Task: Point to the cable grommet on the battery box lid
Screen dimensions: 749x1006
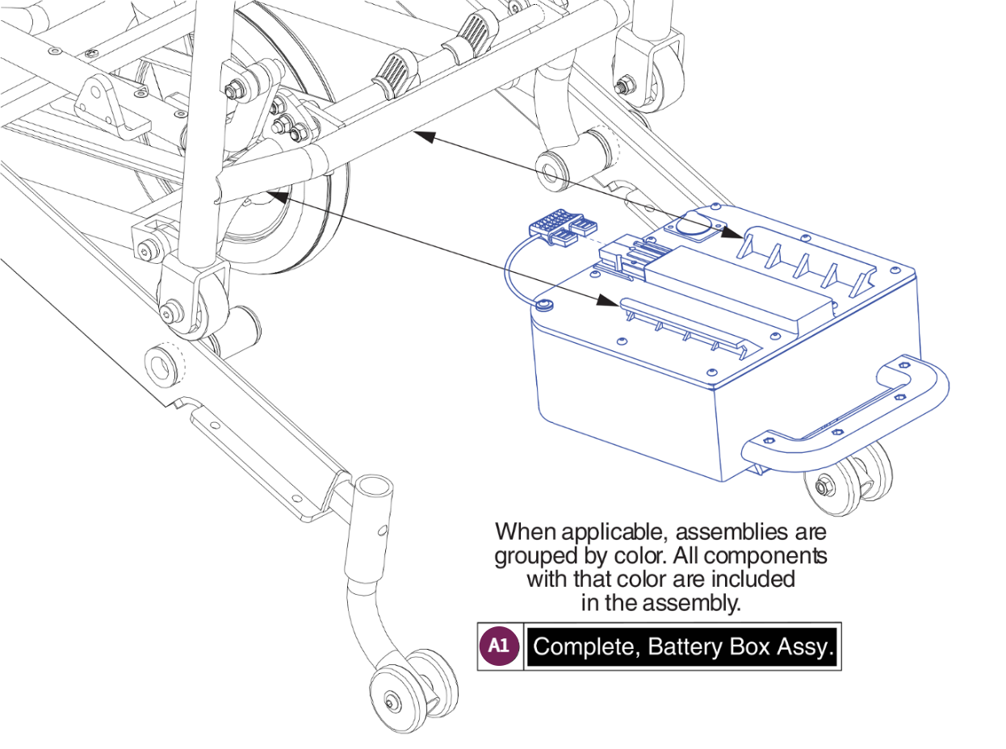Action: point(544,304)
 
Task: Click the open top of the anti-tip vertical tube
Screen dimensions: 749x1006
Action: point(373,487)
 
